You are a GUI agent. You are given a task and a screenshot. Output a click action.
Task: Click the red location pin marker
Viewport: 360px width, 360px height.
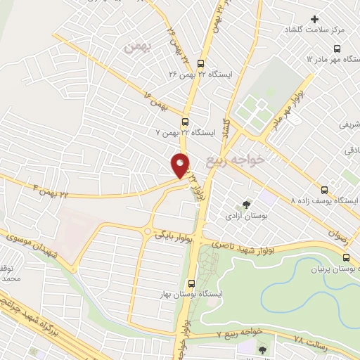[181, 165]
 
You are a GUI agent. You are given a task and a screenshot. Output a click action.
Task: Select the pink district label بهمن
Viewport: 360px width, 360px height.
[137, 48]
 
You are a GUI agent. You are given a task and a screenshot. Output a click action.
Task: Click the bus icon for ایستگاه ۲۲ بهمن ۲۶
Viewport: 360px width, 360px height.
[201, 62]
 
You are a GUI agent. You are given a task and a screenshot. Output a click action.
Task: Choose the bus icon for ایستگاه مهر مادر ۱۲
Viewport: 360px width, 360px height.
[337, 49]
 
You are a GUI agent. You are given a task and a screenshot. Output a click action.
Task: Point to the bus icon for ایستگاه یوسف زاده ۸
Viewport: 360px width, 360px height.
[325, 190]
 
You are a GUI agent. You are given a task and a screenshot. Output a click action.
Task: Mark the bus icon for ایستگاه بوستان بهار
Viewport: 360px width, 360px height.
[191, 283]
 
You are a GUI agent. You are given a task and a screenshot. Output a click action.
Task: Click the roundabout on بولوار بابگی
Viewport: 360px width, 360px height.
[148, 231]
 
